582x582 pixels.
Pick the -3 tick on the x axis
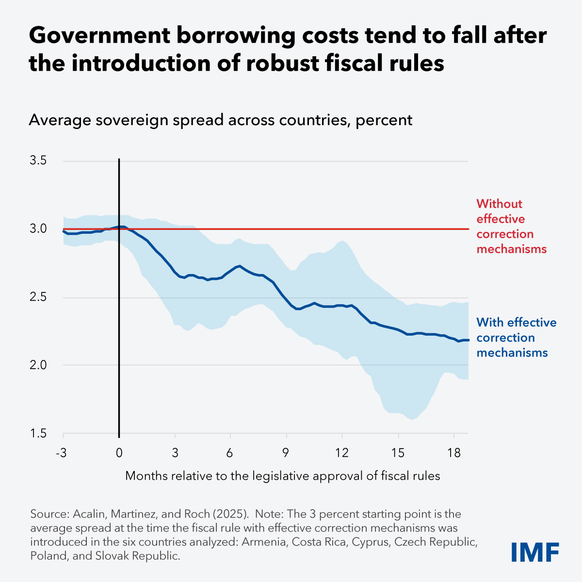click(x=62, y=453)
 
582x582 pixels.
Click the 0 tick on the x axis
click(x=119, y=453)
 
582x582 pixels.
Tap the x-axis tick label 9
click(x=286, y=453)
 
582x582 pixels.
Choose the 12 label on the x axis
click(x=342, y=453)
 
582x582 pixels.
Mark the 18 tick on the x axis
click(x=453, y=453)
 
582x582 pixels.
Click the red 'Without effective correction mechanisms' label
click(x=511, y=226)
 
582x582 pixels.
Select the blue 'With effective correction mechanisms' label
click(x=516, y=338)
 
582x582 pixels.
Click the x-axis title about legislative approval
click(x=282, y=476)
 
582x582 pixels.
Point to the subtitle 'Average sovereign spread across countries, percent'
click(x=220, y=120)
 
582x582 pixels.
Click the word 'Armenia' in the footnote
click(x=262, y=542)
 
